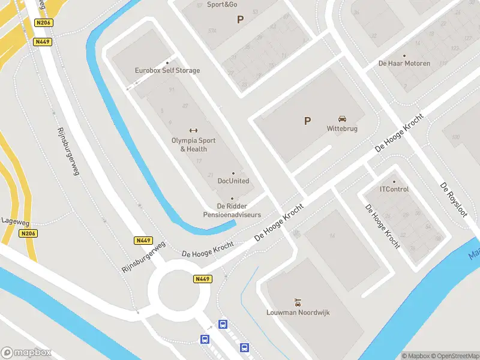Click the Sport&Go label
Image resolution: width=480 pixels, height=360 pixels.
coord(222,5)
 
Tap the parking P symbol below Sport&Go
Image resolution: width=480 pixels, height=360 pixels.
coord(241,19)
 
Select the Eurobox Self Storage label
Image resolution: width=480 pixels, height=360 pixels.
coord(167,70)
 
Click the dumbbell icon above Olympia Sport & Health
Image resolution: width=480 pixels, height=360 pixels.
coord(193,130)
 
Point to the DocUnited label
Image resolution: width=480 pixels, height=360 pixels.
coord(233,181)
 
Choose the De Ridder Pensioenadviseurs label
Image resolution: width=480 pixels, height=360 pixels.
coord(233,210)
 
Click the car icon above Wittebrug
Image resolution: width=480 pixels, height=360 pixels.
coord(343,118)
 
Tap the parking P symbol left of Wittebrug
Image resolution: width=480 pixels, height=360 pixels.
coord(308,121)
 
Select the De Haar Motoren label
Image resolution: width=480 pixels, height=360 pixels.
coord(404,63)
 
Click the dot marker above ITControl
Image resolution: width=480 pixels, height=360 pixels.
coord(394,181)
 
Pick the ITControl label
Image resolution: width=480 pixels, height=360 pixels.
coord(394,190)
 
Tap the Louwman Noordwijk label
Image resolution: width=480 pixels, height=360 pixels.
coord(298,313)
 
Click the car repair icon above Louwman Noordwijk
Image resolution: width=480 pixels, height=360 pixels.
coord(298,302)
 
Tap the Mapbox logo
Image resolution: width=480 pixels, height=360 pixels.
coord(26,353)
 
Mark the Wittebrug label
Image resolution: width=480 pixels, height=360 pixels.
coord(343,128)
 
